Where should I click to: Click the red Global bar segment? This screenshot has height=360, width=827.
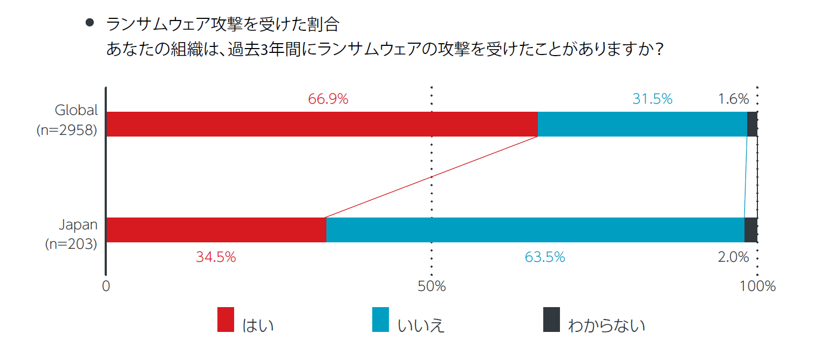pos(322,124)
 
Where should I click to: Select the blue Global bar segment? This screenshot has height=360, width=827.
pos(642,124)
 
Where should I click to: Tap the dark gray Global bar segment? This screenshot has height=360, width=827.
pos(752,124)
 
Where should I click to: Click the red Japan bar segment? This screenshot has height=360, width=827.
pos(216,230)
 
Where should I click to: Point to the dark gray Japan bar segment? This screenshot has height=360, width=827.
pos(751,230)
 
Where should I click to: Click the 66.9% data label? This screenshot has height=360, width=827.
pos(328,99)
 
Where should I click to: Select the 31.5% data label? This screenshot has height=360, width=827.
pos(652,99)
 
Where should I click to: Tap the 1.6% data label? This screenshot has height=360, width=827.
pos(733,99)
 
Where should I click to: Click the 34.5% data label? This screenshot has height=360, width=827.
pos(216,257)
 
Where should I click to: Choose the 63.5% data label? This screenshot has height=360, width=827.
pos(545,257)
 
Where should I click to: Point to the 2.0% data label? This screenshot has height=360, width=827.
pos(733,257)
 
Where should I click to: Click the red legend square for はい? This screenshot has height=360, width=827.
pos(225,320)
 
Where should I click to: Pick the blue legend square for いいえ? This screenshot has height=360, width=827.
pos(380,320)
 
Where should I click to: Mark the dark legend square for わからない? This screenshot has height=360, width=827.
pos(551,320)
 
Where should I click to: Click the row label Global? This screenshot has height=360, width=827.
pos(77,111)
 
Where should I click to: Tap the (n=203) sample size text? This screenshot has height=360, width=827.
pos(71,244)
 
